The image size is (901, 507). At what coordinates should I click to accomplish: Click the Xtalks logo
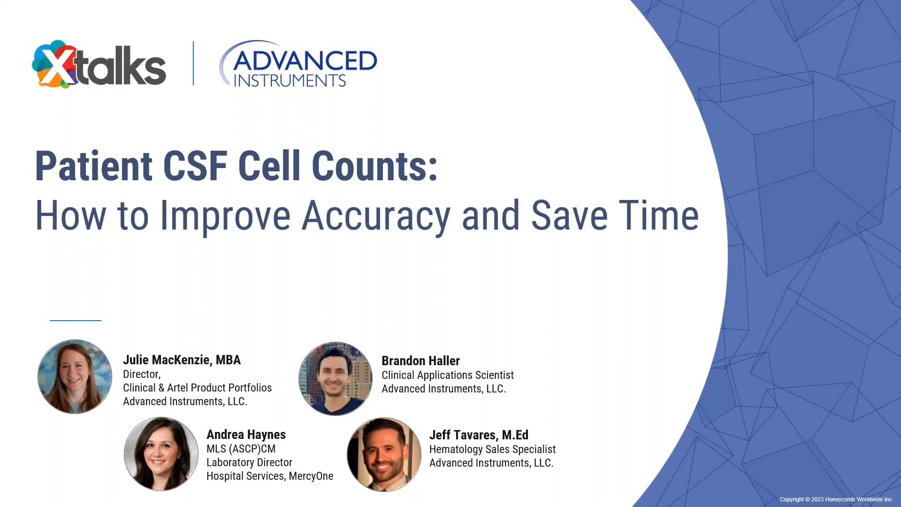point(99,65)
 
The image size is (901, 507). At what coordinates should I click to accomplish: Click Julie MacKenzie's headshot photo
point(75,376)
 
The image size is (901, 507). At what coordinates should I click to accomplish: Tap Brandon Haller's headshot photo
point(336,378)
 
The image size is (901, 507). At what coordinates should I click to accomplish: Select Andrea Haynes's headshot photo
point(161,454)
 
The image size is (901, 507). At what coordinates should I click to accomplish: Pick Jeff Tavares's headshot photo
point(384,454)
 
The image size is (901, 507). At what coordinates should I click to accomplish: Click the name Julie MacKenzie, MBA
point(182,360)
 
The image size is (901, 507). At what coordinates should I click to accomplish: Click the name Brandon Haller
point(420,361)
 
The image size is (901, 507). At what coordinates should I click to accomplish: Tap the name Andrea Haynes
point(246,435)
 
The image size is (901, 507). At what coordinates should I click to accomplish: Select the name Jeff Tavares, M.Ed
point(479,435)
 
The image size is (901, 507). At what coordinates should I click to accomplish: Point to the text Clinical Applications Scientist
point(448,375)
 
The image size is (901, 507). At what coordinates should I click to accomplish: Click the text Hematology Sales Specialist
point(492,449)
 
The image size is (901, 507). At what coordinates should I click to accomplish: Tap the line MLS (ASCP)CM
point(241,449)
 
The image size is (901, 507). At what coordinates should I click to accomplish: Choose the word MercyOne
point(311,476)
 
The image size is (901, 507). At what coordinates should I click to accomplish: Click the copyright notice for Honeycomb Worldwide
point(836,499)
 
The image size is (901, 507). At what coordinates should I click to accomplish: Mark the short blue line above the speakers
point(76,320)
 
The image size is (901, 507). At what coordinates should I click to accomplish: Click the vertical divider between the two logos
point(193,63)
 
